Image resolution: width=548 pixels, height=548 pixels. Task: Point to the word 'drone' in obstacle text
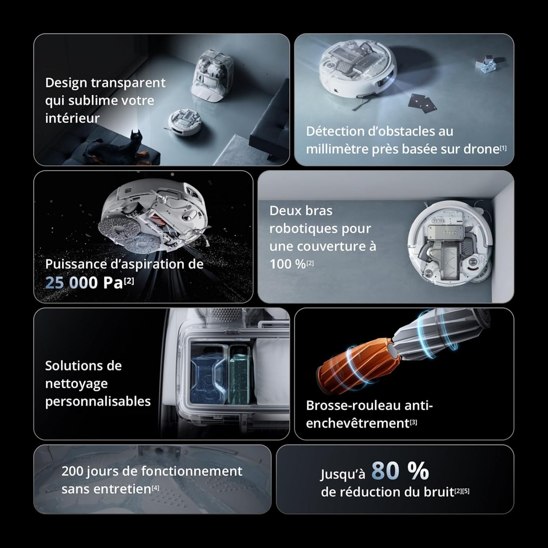(x=482, y=149)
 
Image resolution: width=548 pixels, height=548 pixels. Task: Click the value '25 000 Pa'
(x=84, y=283)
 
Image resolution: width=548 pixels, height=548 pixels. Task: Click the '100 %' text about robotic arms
(x=288, y=264)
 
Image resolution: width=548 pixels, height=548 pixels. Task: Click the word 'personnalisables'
(x=98, y=402)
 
